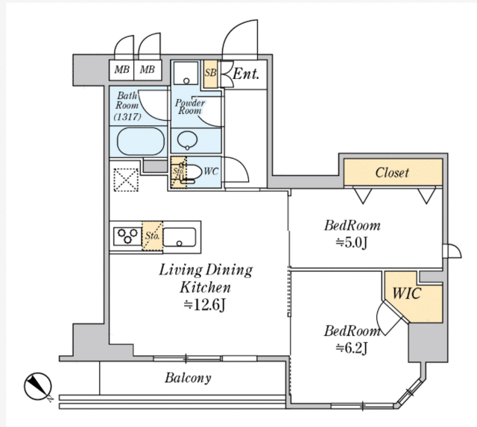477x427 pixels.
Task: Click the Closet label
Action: click(x=392, y=173)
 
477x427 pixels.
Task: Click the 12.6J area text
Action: click(x=206, y=304)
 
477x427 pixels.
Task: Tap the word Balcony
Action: click(x=188, y=378)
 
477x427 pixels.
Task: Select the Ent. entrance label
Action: click(x=246, y=73)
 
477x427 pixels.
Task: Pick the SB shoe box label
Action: click(x=211, y=74)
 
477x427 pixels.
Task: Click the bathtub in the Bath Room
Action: click(x=140, y=141)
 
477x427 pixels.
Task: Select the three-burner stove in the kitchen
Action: click(x=126, y=237)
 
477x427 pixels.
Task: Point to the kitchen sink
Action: click(x=180, y=238)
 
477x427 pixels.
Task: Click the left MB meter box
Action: click(x=121, y=70)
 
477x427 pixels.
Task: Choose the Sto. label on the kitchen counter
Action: click(x=152, y=238)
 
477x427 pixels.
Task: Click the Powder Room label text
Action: click(x=190, y=107)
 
